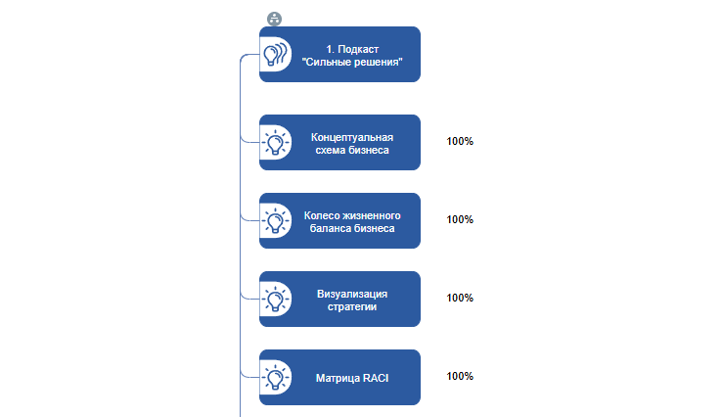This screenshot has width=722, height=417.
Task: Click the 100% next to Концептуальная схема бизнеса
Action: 460,141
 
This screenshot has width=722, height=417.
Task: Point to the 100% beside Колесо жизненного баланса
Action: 460,219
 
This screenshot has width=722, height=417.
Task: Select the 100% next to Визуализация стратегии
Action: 460,298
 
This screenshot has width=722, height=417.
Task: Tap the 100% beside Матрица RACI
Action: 460,376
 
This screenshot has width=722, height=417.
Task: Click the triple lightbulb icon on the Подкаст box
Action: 276,55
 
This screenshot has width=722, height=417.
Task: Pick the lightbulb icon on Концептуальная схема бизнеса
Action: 276,143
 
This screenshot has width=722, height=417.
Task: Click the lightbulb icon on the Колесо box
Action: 276,221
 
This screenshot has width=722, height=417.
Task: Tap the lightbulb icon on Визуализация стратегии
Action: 276,300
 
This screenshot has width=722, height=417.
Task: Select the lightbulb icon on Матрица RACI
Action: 276,377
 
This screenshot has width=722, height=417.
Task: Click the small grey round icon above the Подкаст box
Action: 274,19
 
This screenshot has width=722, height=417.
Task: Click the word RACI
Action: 376,377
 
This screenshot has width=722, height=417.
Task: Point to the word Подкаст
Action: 357,48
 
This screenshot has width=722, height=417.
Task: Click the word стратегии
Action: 352,306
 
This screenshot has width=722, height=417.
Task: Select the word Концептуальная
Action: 352,136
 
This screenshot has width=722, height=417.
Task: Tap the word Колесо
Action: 323,214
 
